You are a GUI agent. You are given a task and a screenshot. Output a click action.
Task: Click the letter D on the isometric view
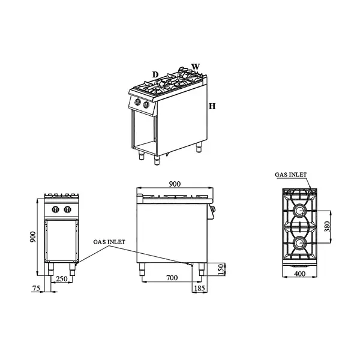(x=155, y=74)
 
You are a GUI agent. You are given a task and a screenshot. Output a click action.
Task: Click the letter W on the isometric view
(x=196, y=67)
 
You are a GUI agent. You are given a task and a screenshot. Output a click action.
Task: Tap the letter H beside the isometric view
(x=212, y=106)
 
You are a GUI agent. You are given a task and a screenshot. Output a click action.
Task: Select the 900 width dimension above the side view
(x=175, y=184)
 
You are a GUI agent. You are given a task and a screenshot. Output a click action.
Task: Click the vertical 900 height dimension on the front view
(x=33, y=237)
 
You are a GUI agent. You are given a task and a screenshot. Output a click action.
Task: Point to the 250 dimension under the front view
(x=62, y=279)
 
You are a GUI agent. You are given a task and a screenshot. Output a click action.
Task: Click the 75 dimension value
(x=36, y=288)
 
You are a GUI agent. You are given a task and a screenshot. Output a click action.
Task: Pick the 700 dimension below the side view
(x=172, y=278)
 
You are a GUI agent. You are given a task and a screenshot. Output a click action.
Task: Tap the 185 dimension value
(x=199, y=288)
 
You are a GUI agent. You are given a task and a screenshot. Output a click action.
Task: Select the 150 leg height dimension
(x=220, y=269)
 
